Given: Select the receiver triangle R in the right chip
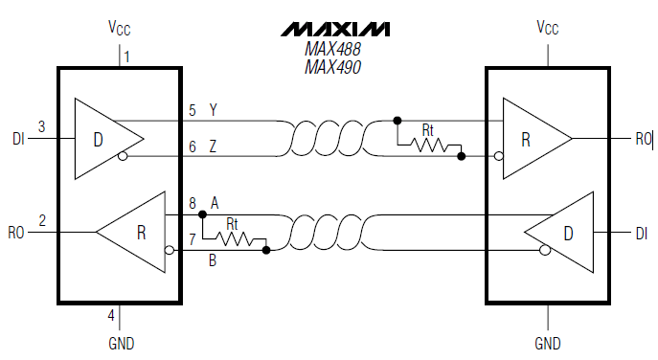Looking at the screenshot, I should click(530, 138).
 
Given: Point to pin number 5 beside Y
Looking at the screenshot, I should click(192, 111).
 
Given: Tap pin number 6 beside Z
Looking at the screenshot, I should click(192, 146).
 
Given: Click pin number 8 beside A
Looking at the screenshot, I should click(192, 203).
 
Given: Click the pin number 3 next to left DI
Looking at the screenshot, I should click(41, 126).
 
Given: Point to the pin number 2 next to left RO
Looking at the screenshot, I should click(41, 220).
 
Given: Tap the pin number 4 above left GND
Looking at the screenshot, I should click(111, 315).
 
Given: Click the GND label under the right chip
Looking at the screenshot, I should click(548, 343).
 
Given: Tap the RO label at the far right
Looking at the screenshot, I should click(643, 139).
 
